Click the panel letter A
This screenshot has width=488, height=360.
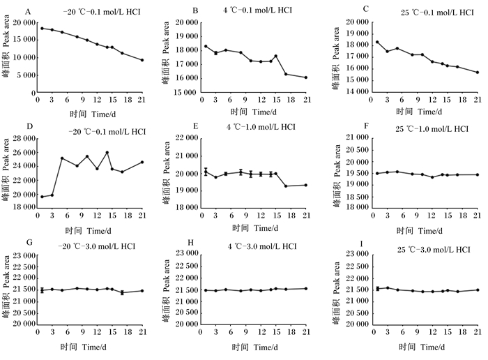point(29,12)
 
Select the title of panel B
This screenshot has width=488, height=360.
point(257,10)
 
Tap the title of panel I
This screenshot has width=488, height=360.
point(434,250)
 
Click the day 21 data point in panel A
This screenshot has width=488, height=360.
point(142,60)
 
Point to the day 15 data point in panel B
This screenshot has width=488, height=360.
point(276,56)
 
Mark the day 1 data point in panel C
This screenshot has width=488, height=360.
point(377,42)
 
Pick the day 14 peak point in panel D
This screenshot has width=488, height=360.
point(107,153)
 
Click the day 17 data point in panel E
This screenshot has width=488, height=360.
point(286,186)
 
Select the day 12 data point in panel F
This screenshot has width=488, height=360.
point(432,177)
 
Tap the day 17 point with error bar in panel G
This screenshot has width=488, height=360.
point(122,292)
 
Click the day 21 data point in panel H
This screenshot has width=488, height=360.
point(306,289)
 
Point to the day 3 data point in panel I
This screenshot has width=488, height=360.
point(388,287)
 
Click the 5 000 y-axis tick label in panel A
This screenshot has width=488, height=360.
point(24,75)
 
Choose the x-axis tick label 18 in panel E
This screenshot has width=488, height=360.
point(291,215)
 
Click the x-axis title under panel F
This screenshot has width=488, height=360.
point(419,231)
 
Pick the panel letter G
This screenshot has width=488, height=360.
point(29,242)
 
